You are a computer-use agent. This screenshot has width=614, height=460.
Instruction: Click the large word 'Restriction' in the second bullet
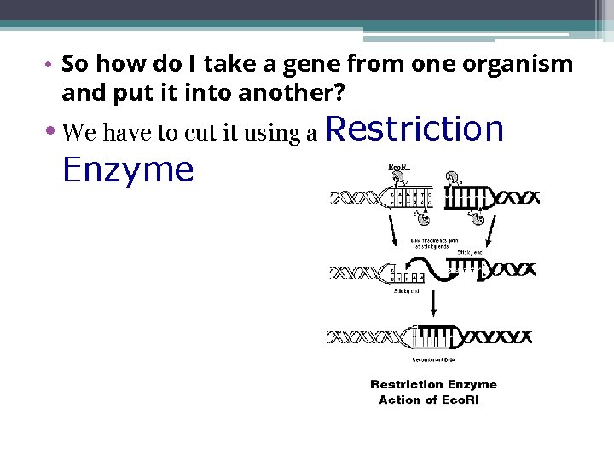415,129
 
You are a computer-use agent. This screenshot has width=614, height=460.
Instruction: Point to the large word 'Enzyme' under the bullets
128,170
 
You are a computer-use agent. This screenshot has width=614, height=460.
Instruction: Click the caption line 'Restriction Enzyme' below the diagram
433,385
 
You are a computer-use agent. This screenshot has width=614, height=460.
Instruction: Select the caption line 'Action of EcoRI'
428,400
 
